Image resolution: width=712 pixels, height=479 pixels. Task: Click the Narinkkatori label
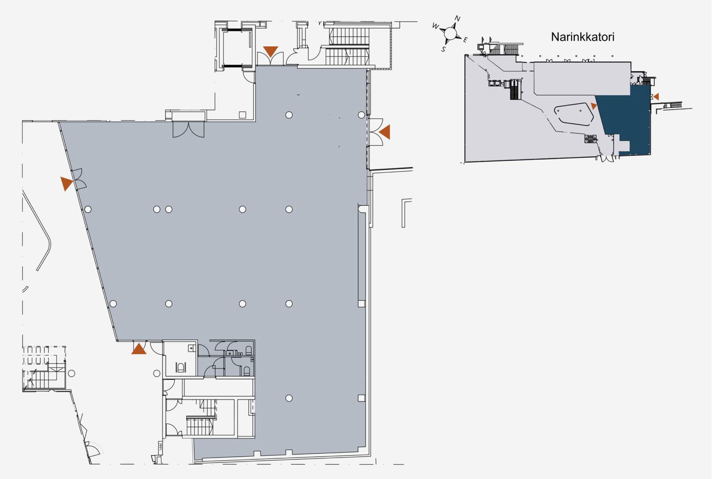point(582,37)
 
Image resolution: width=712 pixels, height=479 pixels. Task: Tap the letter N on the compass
point(458,18)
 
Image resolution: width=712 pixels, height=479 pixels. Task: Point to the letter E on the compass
point(465,40)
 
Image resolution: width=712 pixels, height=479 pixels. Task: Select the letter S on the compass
point(443,49)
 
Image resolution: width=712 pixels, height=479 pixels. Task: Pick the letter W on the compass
point(436,26)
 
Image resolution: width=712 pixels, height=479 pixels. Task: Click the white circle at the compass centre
point(450,33)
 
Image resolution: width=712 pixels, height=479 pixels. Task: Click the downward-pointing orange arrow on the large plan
point(271,51)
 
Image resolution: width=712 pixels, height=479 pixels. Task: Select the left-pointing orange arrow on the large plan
point(385,132)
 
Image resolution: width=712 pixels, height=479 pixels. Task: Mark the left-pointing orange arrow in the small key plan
point(656,97)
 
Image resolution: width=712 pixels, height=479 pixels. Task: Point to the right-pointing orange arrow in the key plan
point(594,106)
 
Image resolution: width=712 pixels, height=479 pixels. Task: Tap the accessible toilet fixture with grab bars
point(180,368)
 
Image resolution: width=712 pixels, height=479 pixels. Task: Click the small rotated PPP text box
point(161,446)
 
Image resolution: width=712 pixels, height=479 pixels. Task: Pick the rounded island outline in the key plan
point(574,114)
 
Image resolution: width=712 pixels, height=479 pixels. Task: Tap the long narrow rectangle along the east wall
point(362,256)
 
